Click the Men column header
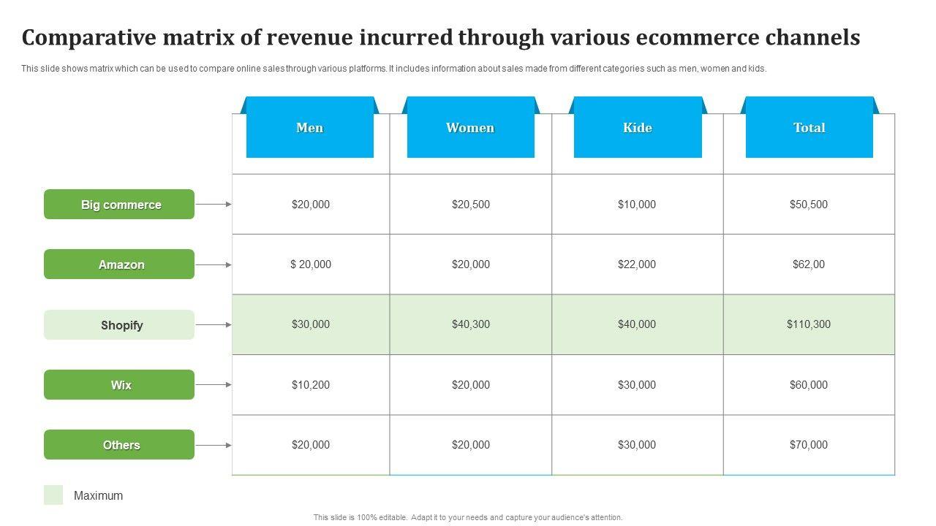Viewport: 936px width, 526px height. click(310, 128)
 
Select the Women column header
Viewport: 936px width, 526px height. click(470, 128)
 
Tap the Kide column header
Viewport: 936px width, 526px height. click(637, 128)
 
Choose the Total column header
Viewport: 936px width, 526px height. click(809, 128)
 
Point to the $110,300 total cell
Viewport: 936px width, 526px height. click(809, 324)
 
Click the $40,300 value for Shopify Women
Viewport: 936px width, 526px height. click(471, 324)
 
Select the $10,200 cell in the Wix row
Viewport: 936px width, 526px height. click(311, 385)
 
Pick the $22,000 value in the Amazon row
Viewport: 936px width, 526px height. click(637, 264)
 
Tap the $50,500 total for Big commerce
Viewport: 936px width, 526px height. click(809, 205)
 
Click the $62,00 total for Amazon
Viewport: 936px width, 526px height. click(809, 264)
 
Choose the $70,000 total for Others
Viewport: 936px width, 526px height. click(809, 445)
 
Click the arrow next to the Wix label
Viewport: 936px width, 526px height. click(214, 385)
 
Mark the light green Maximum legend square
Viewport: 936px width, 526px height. click(53, 495)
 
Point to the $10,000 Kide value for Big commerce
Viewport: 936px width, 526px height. click(637, 205)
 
